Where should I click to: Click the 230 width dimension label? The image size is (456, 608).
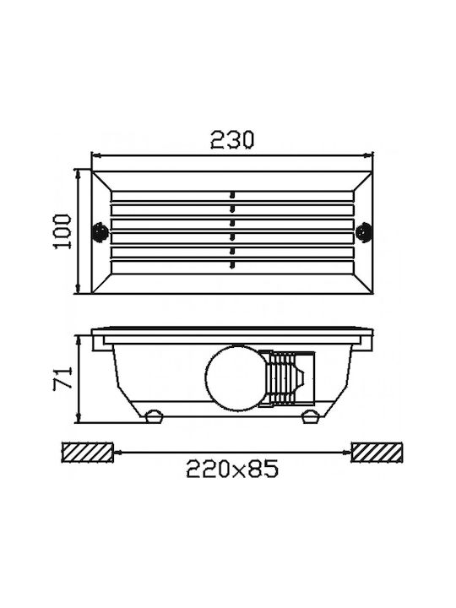(x=232, y=140)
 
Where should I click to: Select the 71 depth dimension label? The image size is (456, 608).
(x=62, y=378)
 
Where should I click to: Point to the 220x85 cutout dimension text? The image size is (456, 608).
(x=232, y=469)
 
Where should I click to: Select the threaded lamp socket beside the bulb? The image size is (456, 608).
(x=287, y=378)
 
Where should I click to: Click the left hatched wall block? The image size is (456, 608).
(x=87, y=452)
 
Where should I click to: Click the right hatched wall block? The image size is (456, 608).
(x=377, y=452)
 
